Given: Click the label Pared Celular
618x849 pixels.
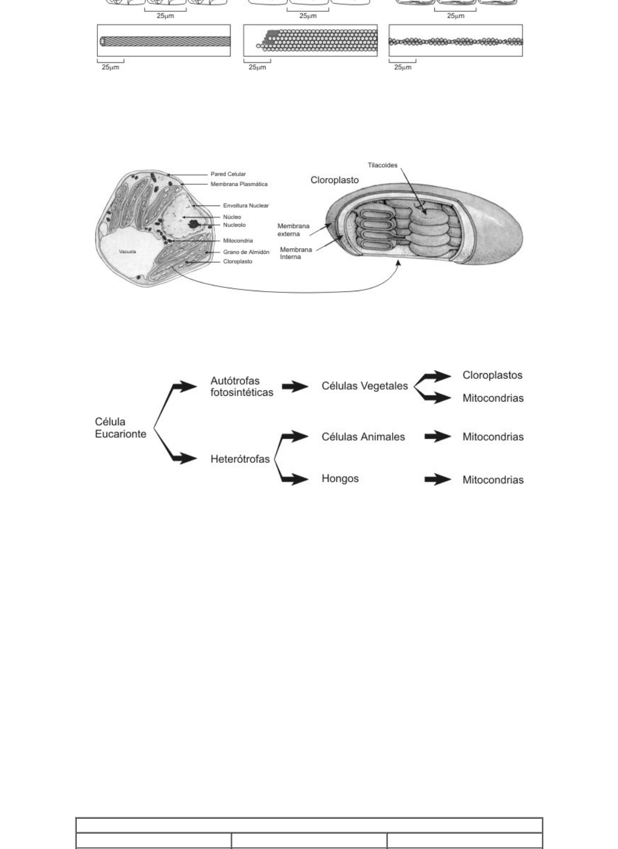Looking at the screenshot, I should click(x=228, y=174).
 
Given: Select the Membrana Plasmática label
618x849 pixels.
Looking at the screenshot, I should click(x=239, y=184).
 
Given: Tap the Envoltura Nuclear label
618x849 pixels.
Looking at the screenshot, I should click(x=245, y=205).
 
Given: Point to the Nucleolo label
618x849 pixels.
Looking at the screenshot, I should click(x=234, y=225).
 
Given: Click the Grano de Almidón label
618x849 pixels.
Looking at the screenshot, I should click(x=246, y=252).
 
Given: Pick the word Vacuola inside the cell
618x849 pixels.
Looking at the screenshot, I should click(x=127, y=252).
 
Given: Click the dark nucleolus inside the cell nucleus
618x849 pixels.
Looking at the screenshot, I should click(x=195, y=224).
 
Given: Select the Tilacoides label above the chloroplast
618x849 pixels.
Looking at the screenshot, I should click(x=382, y=165).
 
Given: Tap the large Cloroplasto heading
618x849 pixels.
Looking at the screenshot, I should click(x=334, y=180).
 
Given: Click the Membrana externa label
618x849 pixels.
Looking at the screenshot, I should click(x=293, y=230).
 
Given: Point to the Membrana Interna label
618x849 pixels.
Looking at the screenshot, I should click(x=295, y=253).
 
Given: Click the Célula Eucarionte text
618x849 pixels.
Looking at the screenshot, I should click(x=120, y=428).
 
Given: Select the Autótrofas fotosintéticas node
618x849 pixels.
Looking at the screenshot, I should click(x=241, y=387).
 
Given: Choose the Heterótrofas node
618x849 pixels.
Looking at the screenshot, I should click(x=240, y=459).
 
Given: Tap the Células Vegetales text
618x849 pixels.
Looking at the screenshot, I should click(x=365, y=386).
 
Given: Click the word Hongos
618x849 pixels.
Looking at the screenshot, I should click(x=340, y=478).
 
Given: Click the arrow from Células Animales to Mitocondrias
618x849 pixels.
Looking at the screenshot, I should click(x=437, y=437).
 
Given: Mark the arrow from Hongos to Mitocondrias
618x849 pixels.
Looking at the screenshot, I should click(x=437, y=479).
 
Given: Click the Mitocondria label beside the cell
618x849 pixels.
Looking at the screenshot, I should click(x=237, y=241).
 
